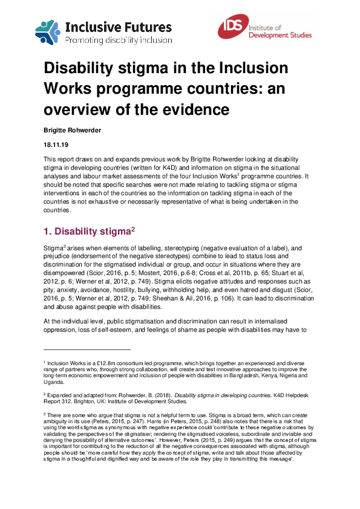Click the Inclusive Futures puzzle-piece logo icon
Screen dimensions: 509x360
[x=48, y=33]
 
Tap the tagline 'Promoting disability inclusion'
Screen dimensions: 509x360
[x=118, y=40]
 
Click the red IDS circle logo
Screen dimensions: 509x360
[x=232, y=29]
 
